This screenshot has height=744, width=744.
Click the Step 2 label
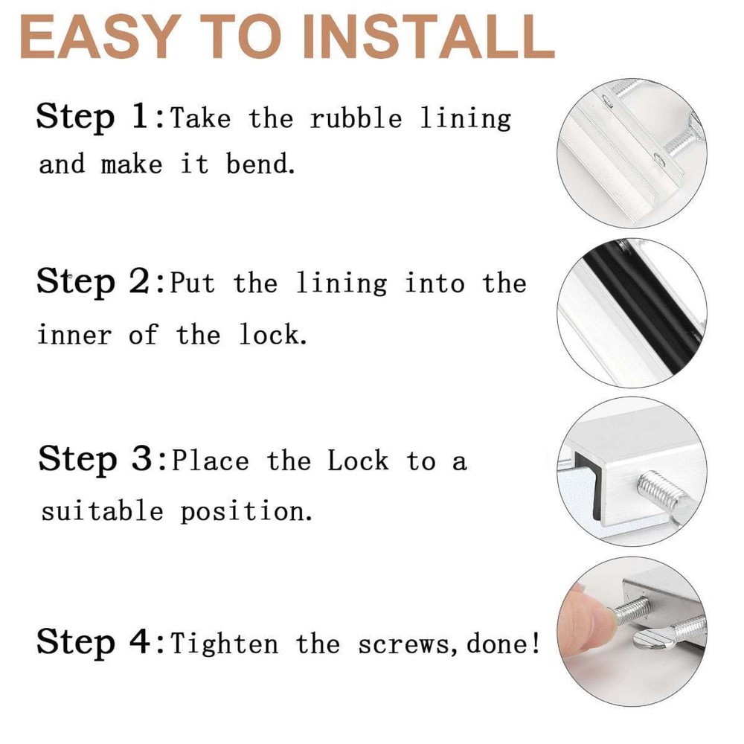click(x=94, y=283)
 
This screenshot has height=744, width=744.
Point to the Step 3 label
click(x=95, y=459)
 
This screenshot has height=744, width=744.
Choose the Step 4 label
click(x=94, y=641)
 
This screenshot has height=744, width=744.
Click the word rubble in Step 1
click(x=356, y=118)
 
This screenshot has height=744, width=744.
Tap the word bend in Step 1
click(x=260, y=164)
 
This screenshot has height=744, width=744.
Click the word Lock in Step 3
click(x=358, y=461)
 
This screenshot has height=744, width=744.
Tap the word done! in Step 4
click(x=503, y=644)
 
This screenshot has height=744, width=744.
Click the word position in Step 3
click(x=246, y=512)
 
